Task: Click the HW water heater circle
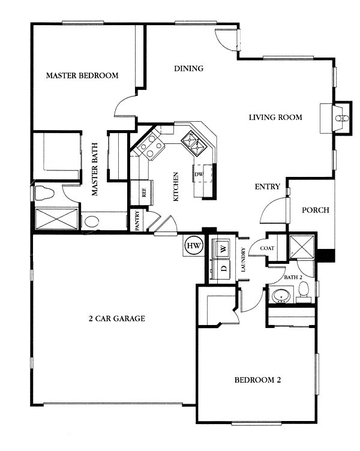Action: [x=194, y=246]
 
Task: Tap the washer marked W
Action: [x=221, y=248]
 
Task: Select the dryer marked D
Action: [x=221, y=268]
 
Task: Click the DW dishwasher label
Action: [x=199, y=175]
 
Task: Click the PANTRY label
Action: [x=137, y=220]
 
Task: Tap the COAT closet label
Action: [x=267, y=248]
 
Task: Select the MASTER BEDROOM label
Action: [x=82, y=76]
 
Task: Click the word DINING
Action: [x=189, y=68]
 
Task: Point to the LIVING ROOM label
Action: [x=275, y=117]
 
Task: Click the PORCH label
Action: [x=316, y=210]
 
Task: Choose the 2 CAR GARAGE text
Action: [x=116, y=318]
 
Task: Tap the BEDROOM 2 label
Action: [x=257, y=380]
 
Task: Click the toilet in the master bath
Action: [x=44, y=193]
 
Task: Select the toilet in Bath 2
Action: [x=304, y=291]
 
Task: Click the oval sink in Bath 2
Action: [x=281, y=296]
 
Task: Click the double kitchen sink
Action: [x=194, y=143]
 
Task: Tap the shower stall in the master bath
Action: [x=56, y=219]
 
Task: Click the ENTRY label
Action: [x=268, y=187]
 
